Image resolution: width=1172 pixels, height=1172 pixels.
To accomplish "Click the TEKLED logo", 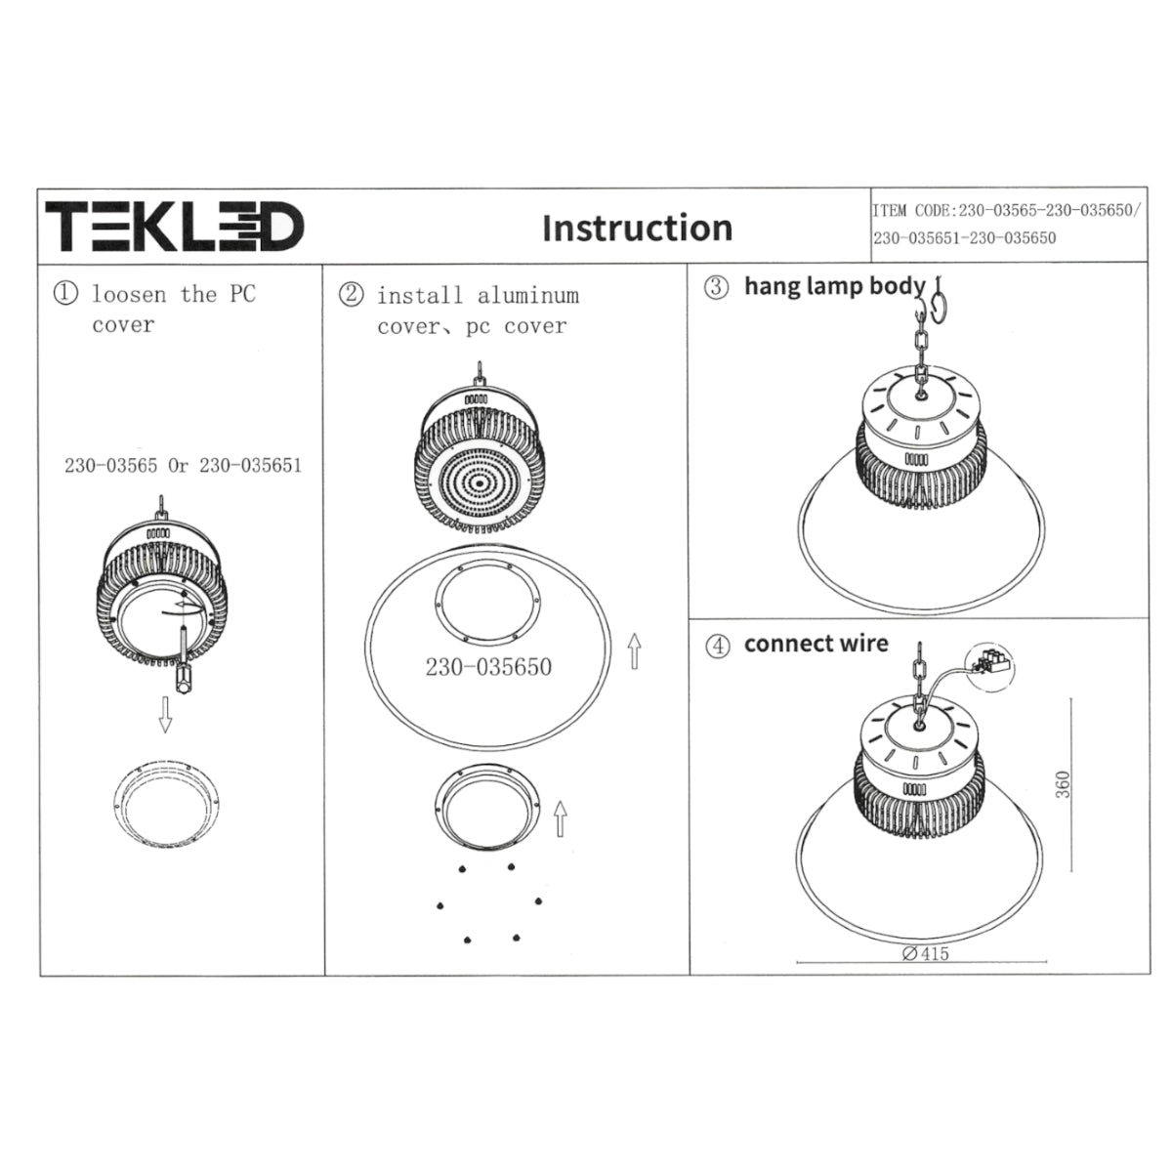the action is (175, 227).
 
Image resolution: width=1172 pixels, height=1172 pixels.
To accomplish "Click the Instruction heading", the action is (638, 229).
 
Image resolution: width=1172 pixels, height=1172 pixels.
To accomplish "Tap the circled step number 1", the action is (65, 293).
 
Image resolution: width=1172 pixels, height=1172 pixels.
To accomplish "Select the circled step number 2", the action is (351, 294).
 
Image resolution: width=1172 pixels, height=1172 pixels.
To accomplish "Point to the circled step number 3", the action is (716, 287).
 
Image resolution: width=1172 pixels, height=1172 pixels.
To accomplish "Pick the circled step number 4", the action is (718, 647).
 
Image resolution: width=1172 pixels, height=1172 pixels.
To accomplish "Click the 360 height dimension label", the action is (1063, 784).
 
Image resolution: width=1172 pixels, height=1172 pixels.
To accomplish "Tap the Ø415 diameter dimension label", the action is (925, 953).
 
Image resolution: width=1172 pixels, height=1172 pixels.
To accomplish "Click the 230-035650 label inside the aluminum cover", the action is (488, 667).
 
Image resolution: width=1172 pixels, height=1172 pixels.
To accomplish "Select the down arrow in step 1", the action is (165, 715).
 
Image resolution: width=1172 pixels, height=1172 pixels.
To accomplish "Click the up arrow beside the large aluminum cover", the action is (635, 651).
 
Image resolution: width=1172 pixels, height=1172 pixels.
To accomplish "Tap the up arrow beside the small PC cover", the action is (561, 818).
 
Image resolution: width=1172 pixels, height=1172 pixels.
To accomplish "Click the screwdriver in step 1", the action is (183, 660).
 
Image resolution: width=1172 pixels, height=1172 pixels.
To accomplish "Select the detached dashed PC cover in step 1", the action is (167, 803).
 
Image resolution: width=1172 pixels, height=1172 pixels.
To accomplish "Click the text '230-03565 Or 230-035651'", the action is (183, 466).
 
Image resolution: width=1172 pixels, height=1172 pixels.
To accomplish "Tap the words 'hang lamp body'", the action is (834, 286).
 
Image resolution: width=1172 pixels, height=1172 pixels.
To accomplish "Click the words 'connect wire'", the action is (816, 644).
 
